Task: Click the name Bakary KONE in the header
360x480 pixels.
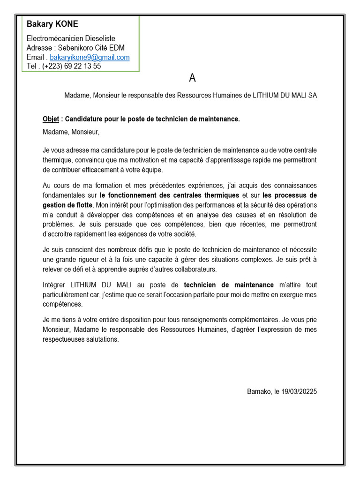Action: click(x=52, y=24)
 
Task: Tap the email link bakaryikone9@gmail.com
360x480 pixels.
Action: click(x=90, y=57)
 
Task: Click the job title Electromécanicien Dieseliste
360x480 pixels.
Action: click(x=71, y=38)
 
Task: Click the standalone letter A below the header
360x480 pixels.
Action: click(x=192, y=78)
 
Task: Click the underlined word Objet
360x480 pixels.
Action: click(x=51, y=120)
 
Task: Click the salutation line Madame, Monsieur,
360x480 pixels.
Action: click(x=71, y=132)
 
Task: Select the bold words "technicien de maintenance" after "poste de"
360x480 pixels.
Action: click(x=229, y=285)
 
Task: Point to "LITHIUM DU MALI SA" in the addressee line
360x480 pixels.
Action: click(x=285, y=95)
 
